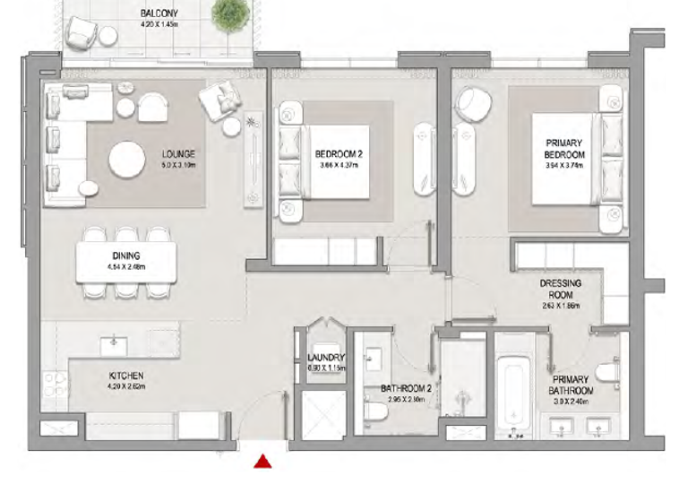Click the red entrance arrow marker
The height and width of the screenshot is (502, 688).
click(263, 462)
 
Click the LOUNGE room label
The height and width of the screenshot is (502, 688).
click(178, 153)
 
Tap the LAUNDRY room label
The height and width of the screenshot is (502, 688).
click(319, 357)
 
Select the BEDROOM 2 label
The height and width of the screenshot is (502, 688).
click(338, 154)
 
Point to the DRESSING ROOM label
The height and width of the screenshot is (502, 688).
click(560, 289)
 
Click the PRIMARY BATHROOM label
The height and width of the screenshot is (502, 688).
click(572, 385)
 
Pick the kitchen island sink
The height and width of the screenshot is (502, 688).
click(114, 342)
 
